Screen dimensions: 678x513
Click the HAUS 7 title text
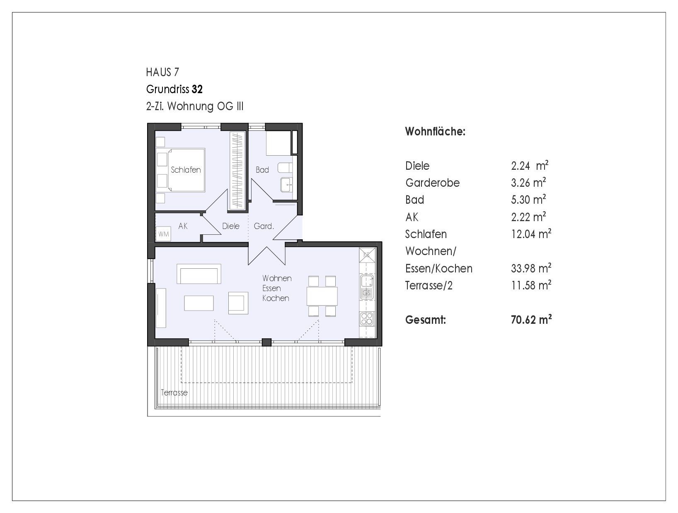pyautogui.click(x=162, y=72)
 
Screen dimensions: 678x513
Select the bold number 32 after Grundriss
pyautogui.click(x=197, y=89)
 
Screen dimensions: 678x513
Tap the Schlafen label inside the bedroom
pyautogui.click(x=186, y=170)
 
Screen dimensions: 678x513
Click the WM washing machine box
pyautogui.click(x=163, y=234)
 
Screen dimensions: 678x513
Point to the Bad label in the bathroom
pyautogui.click(x=262, y=170)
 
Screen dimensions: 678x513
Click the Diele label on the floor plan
pyautogui.click(x=231, y=226)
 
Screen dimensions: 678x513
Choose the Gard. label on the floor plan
pyautogui.click(x=264, y=226)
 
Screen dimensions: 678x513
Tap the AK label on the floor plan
pyautogui.click(x=183, y=226)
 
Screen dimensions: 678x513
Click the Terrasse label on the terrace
pyautogui.click(x=174, y=393)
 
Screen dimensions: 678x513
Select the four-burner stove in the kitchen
pyautogui.click(x=367, y=319)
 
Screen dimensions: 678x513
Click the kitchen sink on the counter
pyautogui.click(x=367, y=287)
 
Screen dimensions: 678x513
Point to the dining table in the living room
pyautogui.click(x=322, y=296)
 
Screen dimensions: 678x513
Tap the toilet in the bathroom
pyautogui.click(x=285, y=168)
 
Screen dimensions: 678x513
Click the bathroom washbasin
pyautogui.click(x=286, y=185)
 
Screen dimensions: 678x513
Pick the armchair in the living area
pyautogui.click(x=238, y=303)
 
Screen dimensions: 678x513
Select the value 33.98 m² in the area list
pyautogui.click(x=531, y=268)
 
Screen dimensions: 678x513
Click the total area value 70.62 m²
pyautogui.click(x=531, y=319)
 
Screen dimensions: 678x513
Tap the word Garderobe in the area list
pyautogui.click(x=432, y=183)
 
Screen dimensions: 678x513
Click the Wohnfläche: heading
pyautogui.click(x=435, y=131)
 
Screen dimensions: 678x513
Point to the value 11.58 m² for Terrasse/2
pyautogui.click(x=531, y=285)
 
